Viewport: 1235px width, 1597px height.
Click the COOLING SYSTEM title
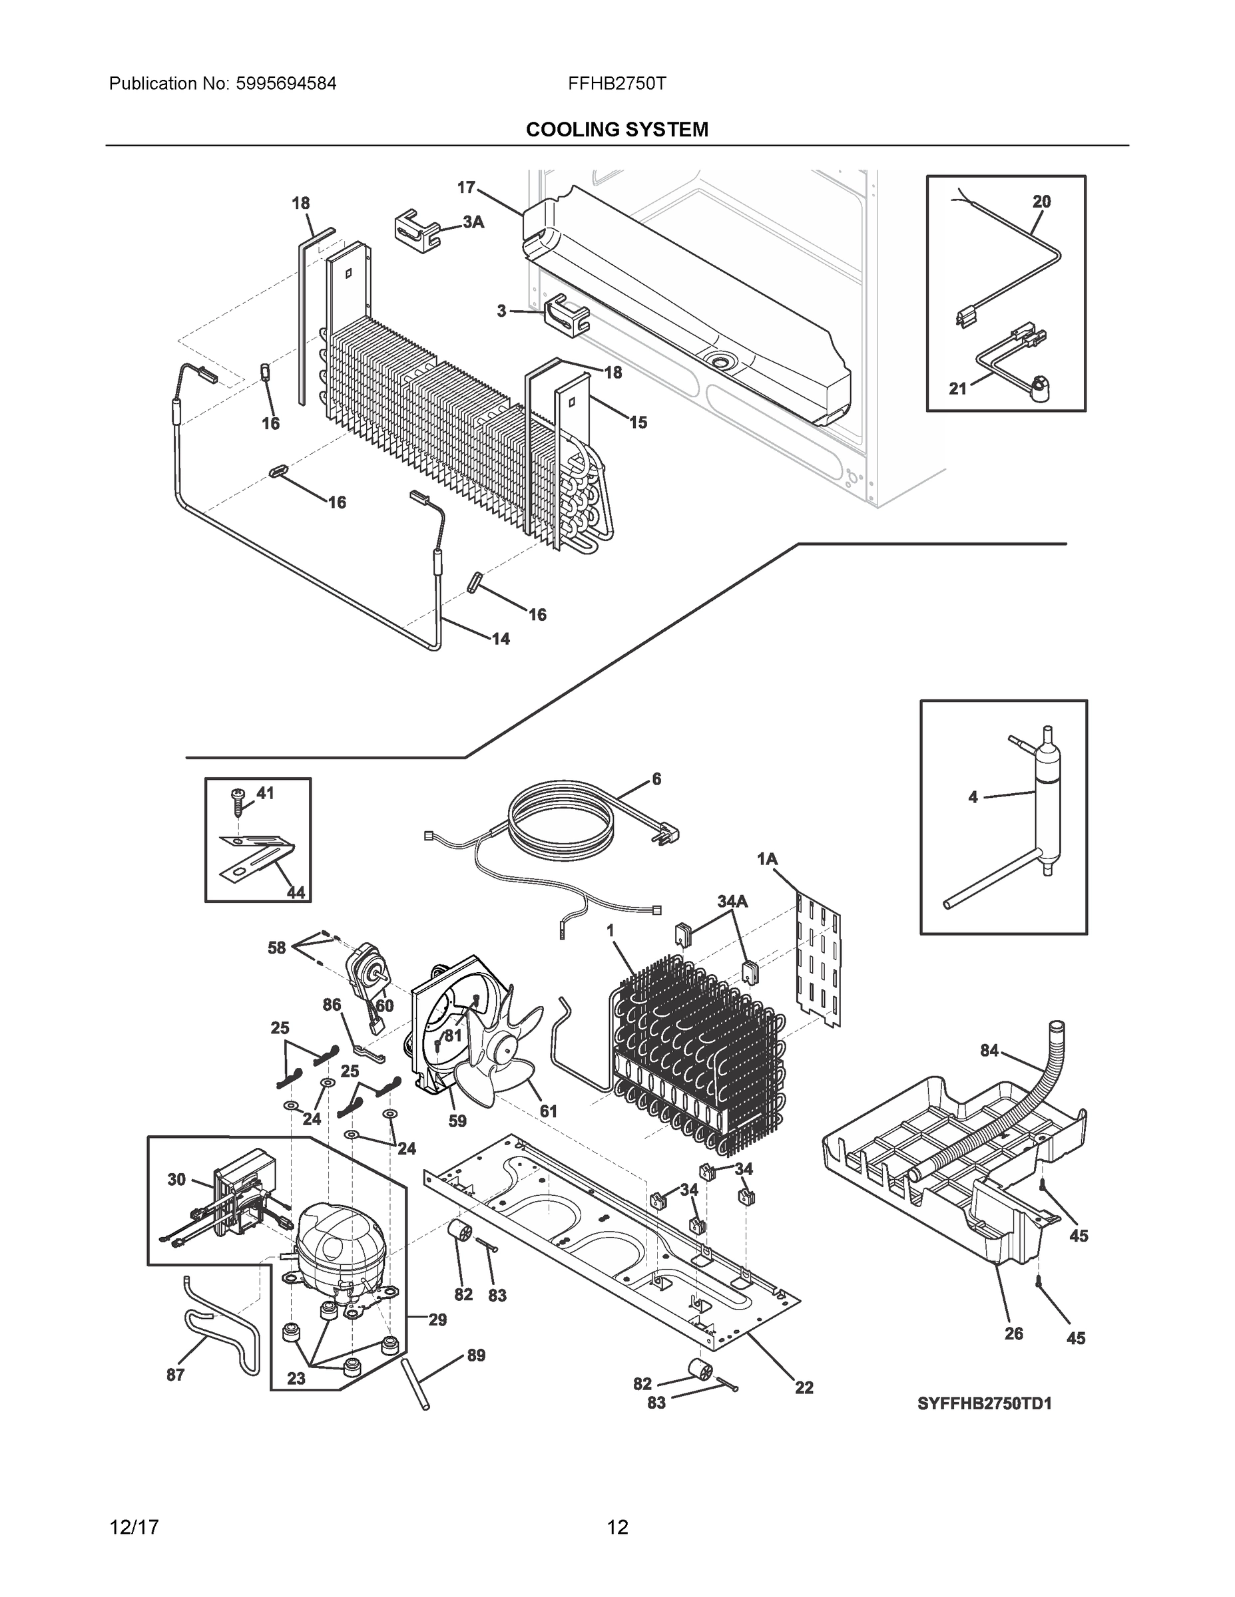617,130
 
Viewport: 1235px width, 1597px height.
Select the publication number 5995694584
286,83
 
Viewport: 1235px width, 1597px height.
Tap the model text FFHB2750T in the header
617,83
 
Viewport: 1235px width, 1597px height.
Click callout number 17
466,188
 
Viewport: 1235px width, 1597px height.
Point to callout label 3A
473,222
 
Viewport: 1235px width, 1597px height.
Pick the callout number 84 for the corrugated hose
989,1051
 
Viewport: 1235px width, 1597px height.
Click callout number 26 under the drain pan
1013,1333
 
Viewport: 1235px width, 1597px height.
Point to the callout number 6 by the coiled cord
656,779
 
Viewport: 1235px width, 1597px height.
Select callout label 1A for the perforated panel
767,859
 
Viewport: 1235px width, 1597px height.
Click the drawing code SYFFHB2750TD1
984,1403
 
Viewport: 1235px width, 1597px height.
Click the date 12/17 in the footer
134,1527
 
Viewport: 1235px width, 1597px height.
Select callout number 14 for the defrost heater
501,639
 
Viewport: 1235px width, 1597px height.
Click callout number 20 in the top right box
1041,201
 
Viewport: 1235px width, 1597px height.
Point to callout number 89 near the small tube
475,1355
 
